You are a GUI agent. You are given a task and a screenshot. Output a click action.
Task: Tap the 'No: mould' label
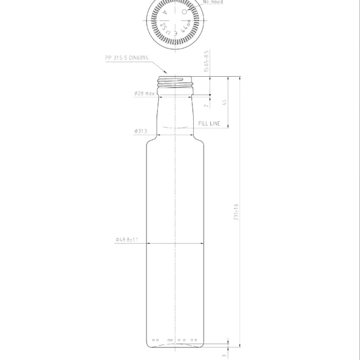[214, 2]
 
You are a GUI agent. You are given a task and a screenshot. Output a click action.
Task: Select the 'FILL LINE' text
[210, 123]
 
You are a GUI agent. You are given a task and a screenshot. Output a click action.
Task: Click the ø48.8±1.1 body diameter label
[127, 240]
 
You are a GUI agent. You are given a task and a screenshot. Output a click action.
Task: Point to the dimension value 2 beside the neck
[206, 105]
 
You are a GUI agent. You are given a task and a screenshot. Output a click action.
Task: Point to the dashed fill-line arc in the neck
[176, 128]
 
